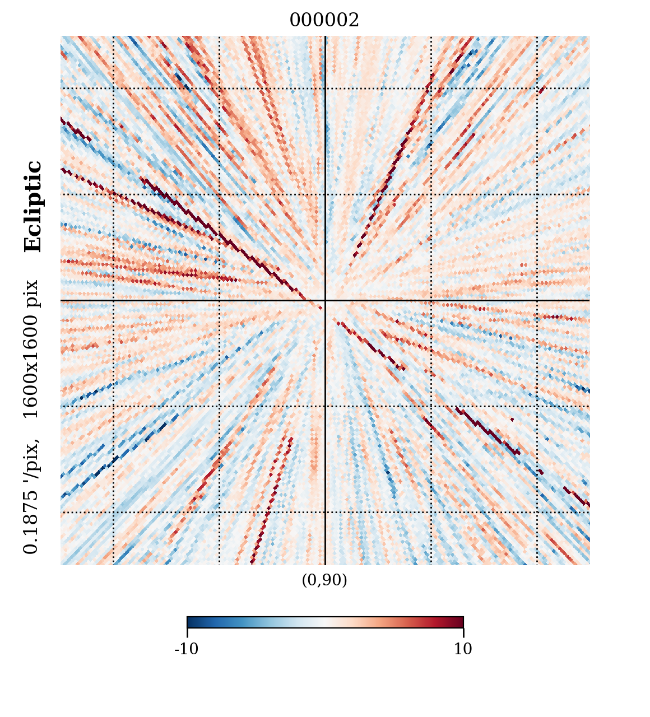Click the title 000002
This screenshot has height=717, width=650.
[324, 21]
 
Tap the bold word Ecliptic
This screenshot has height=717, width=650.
[33, 207]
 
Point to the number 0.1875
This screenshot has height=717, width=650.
[31, 521]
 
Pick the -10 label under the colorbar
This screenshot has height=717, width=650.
[187, 649]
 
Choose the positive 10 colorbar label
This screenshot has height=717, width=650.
[463, 649]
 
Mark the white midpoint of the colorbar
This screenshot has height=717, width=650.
[325, 622]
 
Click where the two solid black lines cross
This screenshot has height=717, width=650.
[325, 300]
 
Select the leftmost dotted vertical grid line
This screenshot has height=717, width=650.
[113, 168]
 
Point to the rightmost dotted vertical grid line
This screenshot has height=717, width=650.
[537, 168]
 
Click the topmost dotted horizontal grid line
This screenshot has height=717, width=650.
[168, 88]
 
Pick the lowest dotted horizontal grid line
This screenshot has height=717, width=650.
[168, 512]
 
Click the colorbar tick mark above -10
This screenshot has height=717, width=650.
[187, 632]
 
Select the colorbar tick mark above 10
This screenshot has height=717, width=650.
[463, 632]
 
